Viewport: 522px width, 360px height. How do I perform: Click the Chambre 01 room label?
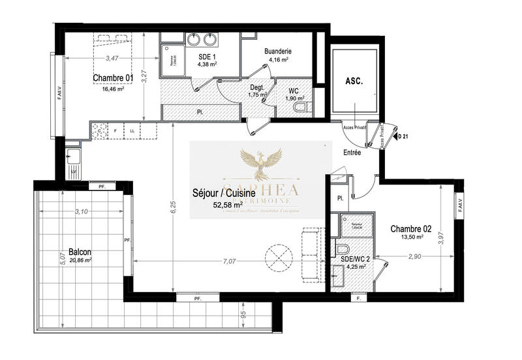[113, 78]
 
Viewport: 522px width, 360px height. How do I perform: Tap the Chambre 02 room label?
[410, 229]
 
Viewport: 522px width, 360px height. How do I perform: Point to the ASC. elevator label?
[354, 83]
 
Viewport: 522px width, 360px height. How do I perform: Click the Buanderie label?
[277, 51]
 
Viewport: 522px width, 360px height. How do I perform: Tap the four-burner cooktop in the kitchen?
[100, 130]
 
